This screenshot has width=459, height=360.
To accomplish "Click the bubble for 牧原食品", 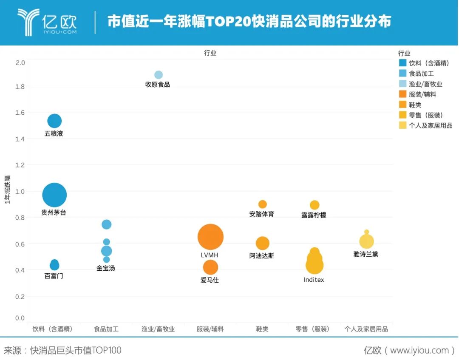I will (159, 75).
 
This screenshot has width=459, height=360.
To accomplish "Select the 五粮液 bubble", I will (54, 121).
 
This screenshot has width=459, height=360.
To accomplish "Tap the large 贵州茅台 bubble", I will (54, 196).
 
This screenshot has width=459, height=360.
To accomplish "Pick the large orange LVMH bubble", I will (210, 237).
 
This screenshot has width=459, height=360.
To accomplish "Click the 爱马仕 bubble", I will (210, 267).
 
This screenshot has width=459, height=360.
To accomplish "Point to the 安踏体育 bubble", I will (263, 204).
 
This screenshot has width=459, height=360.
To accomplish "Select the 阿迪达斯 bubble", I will (263, 243).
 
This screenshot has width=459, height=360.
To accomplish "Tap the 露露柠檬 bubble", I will (314, 205).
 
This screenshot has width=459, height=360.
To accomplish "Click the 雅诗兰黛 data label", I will (365, 254).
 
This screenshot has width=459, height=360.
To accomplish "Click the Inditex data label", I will (314, 280).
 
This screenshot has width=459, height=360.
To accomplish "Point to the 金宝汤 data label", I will (105, 268).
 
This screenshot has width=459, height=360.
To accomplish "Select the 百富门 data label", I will (54, 276).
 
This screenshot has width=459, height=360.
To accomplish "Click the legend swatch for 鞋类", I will (403, 105).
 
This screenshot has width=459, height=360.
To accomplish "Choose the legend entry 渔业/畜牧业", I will (425, 84).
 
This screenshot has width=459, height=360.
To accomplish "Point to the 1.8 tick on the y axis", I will (20, 87).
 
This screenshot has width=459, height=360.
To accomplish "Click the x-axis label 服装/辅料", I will (210, 329).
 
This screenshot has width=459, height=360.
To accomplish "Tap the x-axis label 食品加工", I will (106, 329).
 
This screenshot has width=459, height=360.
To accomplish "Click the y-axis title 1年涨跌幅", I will (7, 189).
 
